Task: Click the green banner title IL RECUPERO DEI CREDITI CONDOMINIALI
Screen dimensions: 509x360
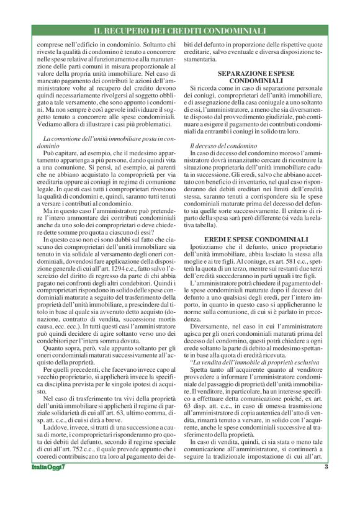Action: [x=180, y=30]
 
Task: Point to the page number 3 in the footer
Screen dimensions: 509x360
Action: [x=326, y=485]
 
